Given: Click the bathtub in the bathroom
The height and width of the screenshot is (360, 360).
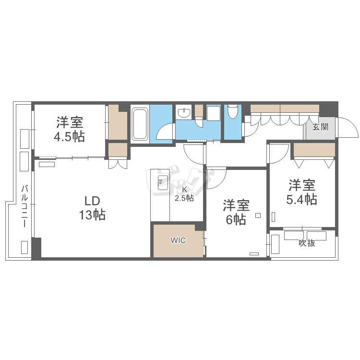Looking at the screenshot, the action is pyautogui.click(x=140, y=124).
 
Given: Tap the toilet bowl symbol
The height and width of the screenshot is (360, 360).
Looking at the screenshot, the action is pyautogui.click(x=233, y=111).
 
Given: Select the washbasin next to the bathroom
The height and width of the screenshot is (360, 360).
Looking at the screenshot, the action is pyautogui.click(x=184, y=112).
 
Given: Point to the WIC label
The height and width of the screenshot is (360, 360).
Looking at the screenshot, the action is pyautogui.click(x=178, y=240).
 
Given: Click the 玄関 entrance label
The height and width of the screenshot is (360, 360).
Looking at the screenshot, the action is pyautogui.click(x=321, y=127).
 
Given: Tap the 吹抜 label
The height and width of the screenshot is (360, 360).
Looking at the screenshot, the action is pyautogui.click(x=307, y=243).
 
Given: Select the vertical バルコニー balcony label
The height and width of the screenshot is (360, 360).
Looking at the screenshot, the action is pyautogui.click(x=25, y=206).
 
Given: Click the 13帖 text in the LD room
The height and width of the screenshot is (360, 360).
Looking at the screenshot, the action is pyautogui.click(x=92, y=215).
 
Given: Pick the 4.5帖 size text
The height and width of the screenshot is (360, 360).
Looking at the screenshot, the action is pyautogui.click(x=69, y=137).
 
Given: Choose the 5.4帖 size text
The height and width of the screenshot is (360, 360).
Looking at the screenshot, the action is pyautogui.click(x=302, y=199).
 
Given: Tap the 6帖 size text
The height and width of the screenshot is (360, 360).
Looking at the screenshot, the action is pyautogui.click(x=236, y=220).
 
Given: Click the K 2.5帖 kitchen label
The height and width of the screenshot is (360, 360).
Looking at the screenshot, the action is pyautogui.click(x=184, y=194).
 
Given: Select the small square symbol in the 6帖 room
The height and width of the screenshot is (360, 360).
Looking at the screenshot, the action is pyautogui.click(x=258, y=216).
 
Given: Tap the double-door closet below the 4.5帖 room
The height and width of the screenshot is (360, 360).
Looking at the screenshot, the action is pyautogui.click(x=118, y=164).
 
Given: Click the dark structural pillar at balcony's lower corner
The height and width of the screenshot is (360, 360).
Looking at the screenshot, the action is pyautogui.click(x=36, y=248).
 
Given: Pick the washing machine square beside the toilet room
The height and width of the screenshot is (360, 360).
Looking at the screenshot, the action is pyautogui.click(x=214, y=113).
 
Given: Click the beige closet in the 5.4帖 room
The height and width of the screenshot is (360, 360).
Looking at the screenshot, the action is pyautogui.click(x=314, y=150).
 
